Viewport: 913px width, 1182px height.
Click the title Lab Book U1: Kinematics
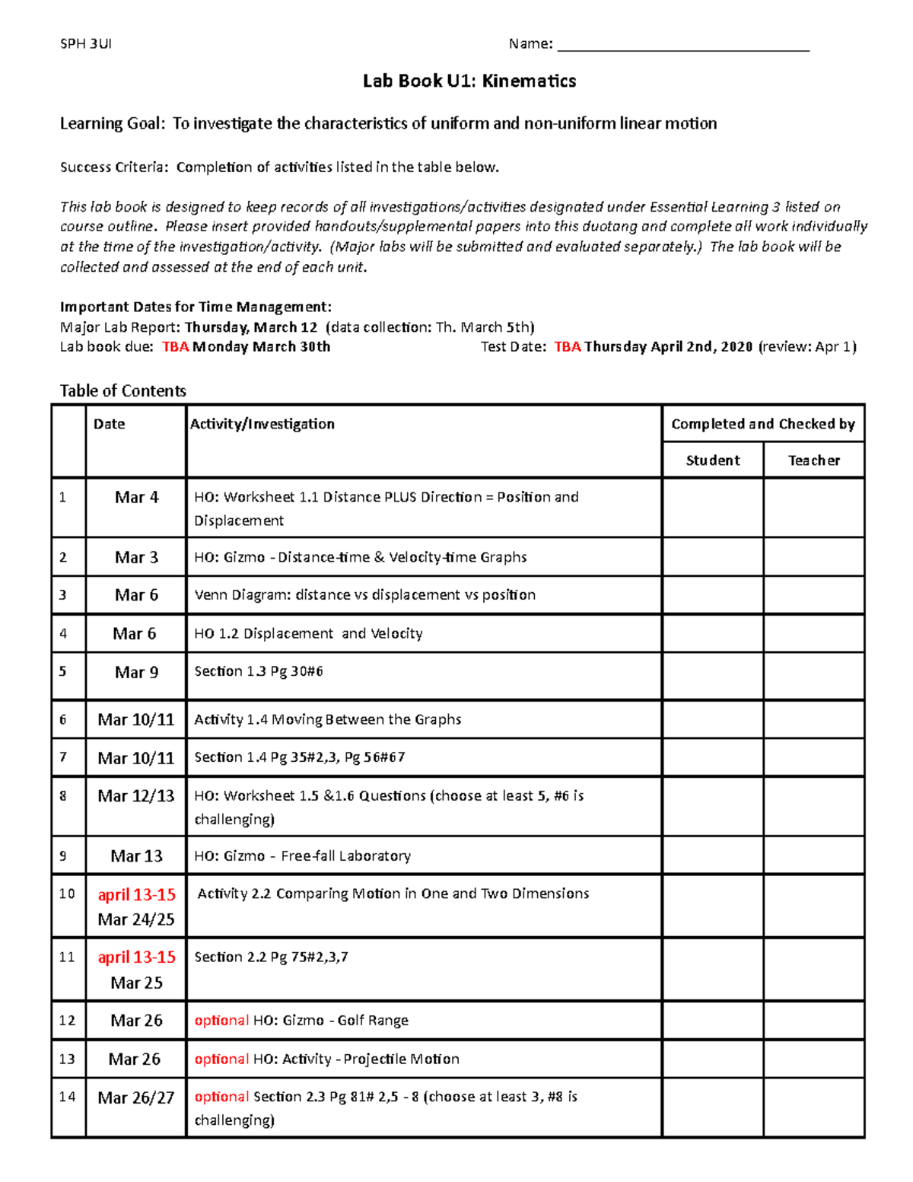point(469,81)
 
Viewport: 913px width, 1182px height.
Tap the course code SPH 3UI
point(86,44)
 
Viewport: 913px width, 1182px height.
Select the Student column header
point(712,460)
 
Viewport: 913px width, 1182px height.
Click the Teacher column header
point(813,460)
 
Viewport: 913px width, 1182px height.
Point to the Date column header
point(109,424)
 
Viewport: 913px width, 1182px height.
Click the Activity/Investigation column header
point(262,424)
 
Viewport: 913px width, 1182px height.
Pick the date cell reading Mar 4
point(136,498)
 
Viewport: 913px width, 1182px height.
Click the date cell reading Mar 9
point(136,673)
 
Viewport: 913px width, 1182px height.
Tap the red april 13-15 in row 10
point(136,895)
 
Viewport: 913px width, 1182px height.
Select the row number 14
point(67,1097)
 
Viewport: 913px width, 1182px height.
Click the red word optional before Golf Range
point(221,1021)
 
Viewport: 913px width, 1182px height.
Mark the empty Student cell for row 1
point(712,508)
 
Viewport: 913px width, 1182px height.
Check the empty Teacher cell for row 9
point(813,855)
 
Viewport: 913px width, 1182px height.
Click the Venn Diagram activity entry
point(364,595)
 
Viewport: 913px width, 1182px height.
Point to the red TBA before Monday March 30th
point(175,347)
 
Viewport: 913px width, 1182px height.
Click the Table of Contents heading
point(123,391)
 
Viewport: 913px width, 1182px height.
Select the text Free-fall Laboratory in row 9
point(345,856)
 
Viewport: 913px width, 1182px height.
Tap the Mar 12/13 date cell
point(136,796)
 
